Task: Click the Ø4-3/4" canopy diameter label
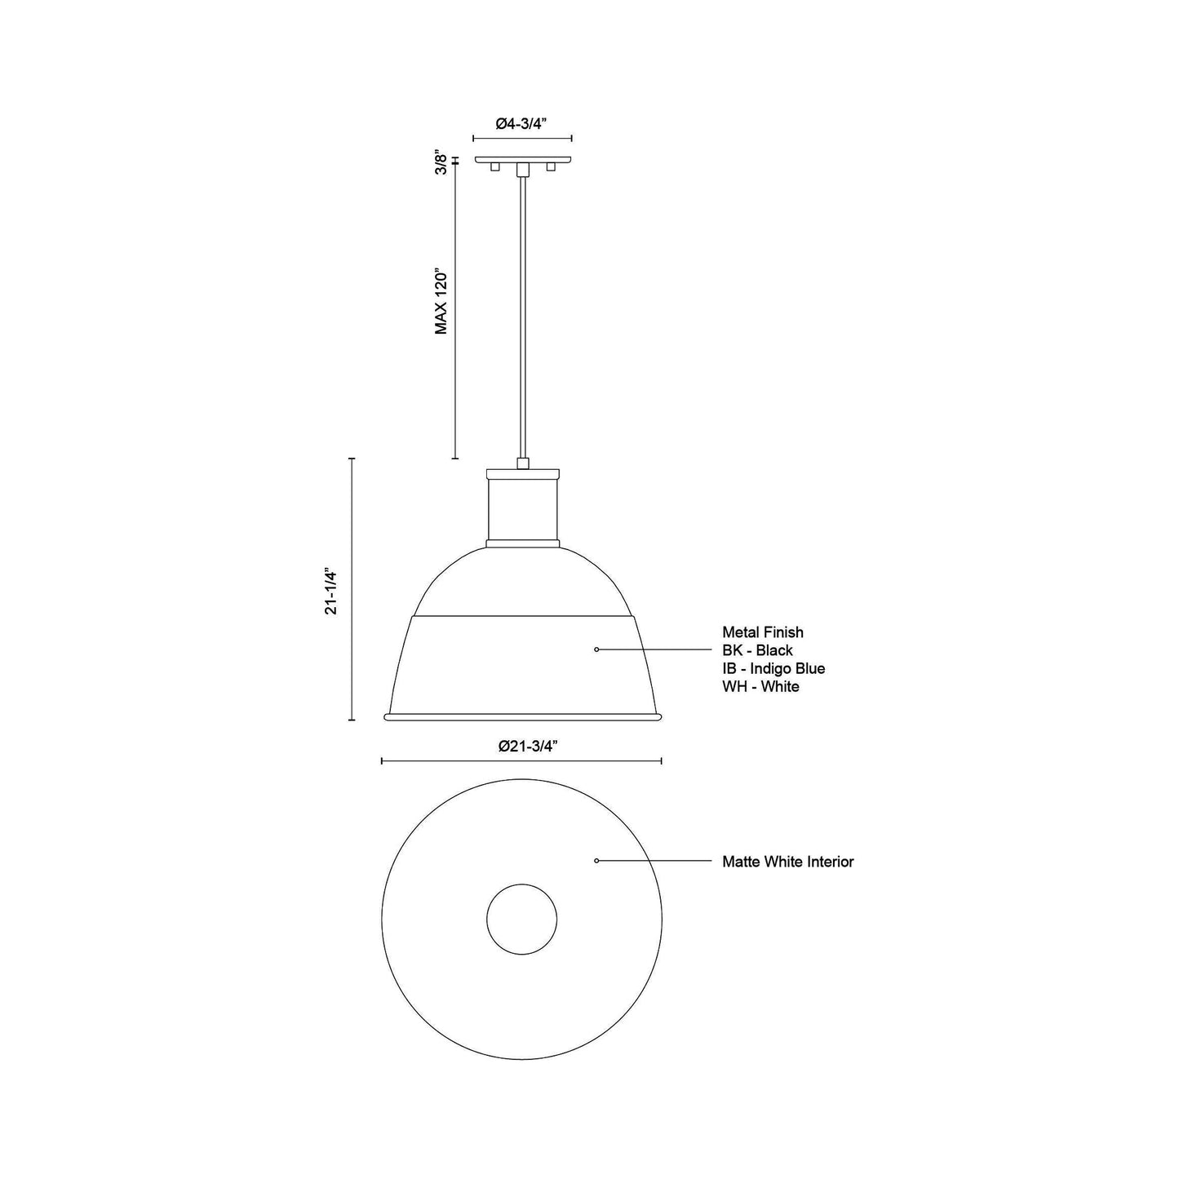coord(521,123)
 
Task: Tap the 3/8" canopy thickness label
coord(441,162)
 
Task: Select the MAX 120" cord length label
coord(441,301)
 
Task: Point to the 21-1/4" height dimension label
coord(330,590)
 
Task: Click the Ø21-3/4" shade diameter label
coord(521,746)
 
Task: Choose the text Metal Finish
coord(762,632)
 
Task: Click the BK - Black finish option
coord(757,650)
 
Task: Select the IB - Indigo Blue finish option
coord(773,668)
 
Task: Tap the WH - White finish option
coord(760,686)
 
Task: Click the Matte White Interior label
coord(787,862)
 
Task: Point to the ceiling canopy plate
coord(522,159)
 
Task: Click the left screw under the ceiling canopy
coord(494,167)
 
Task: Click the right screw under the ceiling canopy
coord(551,167)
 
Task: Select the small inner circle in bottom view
coord(522,920)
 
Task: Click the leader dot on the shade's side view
coord(596,649)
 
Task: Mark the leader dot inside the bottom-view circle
coord(596,861)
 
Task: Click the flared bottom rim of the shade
coord(522,717)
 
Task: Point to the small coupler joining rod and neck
coord(522,463)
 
